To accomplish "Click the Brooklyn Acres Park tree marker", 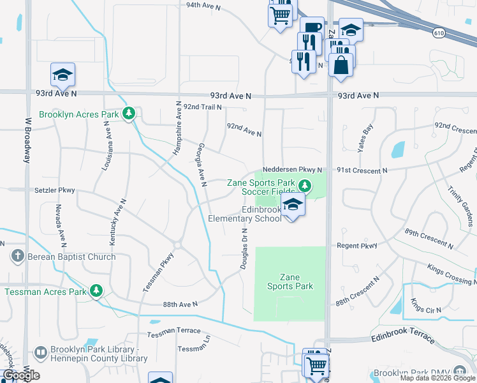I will [129, 114].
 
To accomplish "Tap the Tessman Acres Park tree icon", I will [96, 292].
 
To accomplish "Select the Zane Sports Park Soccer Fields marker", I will [305, 186].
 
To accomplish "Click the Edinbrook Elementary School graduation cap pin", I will [293, 206].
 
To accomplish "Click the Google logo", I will [21, 375].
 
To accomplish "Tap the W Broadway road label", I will [27, 139].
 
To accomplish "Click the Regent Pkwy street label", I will [360, 245].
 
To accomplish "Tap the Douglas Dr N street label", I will [244, 250].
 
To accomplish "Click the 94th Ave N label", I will [203, 6].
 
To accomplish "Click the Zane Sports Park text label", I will [290, 282].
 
